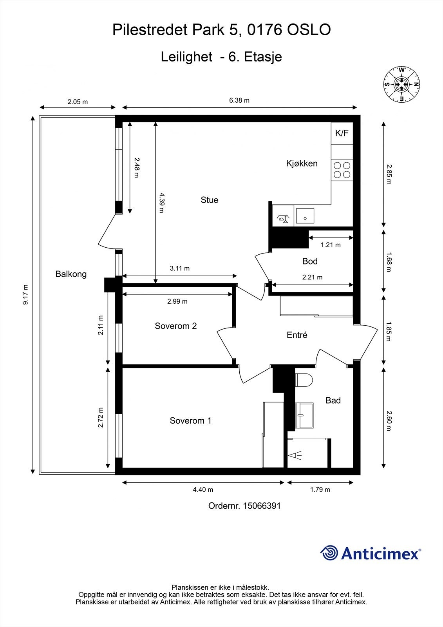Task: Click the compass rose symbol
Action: click(401, 84)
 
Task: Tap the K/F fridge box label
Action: click(342, 133)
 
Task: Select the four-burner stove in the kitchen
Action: click(342, 170)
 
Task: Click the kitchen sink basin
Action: click(305, 216)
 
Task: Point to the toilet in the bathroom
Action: click(304, 380)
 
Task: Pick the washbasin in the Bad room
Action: click(304, 415)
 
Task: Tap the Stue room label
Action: click(209, 200)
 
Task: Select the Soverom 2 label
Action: click(176, 326)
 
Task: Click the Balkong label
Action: click(71, 274)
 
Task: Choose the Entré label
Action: click(297, 335)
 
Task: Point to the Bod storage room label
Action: click(310, 261)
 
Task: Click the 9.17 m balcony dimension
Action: click(25, 294)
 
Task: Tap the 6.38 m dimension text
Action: click(239, 100)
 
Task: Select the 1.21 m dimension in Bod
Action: click(331, 245)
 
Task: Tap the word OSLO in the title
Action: click(309, 30)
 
